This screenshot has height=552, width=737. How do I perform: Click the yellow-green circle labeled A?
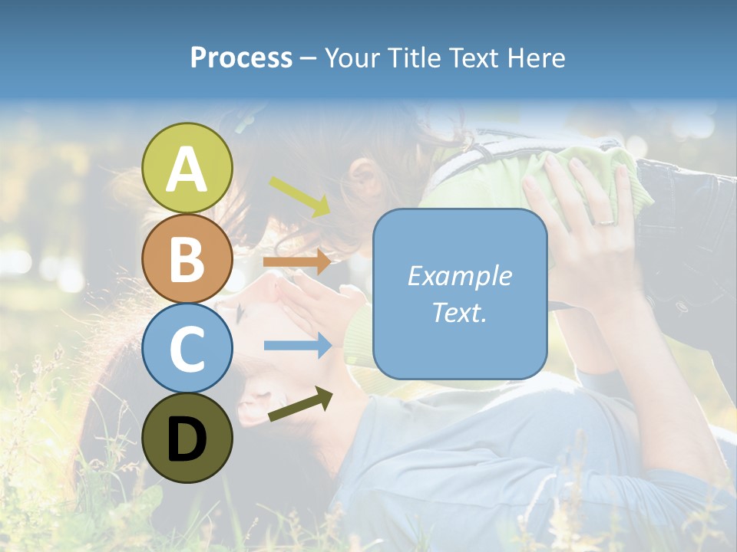click(x=187, y=168)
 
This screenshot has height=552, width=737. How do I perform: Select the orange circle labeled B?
click(x=187, y=258)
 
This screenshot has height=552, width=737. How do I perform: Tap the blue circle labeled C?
click(x=187, y=348)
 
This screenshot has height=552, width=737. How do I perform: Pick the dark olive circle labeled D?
click(x=187, y=439)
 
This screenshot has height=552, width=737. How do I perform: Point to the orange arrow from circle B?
click(x=297, y=262)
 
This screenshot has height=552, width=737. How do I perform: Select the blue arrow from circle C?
click(x=297, y=346)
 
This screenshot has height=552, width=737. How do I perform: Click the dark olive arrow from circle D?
click(x=300, y=405)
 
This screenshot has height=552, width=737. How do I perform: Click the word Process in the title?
click(x=241, y=58)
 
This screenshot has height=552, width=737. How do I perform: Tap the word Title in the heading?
click(x=415, y=58)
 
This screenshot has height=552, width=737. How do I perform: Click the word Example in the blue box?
click(x=460, y=276)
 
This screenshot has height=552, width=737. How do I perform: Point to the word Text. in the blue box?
click(x=460, y=312)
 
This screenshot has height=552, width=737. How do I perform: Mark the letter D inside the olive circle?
click(x=187, y=439)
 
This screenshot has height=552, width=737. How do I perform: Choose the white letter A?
click(x=187, y=169)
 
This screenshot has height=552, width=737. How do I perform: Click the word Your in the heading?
click(x=354, y=58)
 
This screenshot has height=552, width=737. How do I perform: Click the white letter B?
click(x=187, y=259)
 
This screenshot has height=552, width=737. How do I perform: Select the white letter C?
click(x=187, y=349)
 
